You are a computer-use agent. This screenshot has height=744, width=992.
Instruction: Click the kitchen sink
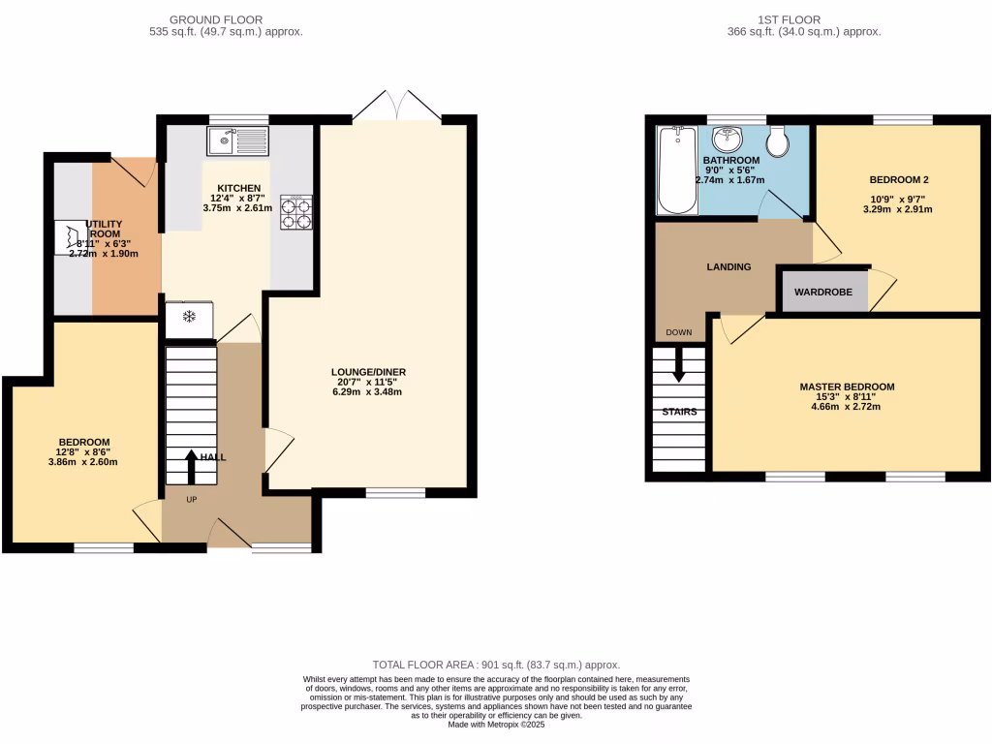237,141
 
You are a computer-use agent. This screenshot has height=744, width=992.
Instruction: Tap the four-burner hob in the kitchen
297,213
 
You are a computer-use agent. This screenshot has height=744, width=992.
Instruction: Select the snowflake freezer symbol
189,317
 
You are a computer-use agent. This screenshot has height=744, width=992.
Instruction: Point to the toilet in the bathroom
777,143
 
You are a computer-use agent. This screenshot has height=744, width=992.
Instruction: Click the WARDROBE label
822,292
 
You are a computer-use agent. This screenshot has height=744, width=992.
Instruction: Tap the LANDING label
728,266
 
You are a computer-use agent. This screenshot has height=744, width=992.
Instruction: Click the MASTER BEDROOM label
847,387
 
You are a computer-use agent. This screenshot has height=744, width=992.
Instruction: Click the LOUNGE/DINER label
368,371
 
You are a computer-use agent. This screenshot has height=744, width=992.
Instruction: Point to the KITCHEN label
238,188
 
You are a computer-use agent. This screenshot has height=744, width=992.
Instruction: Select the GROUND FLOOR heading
215,19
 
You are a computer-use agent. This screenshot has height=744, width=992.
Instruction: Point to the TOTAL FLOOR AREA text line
496,665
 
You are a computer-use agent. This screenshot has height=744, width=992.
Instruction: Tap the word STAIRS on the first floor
678,412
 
